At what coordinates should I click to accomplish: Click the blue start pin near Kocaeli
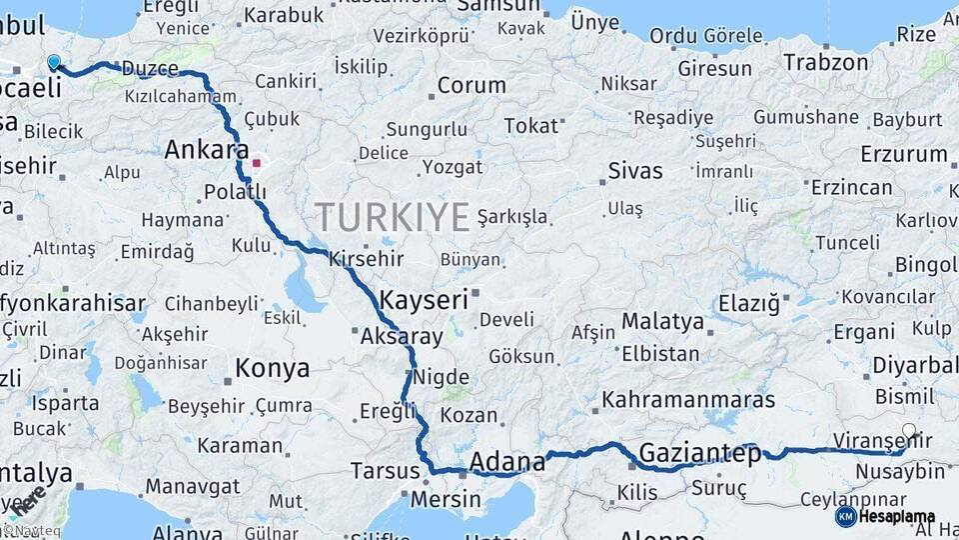click(x=54, y=62)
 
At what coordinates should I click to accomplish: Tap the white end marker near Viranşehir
click(x=908, y=432)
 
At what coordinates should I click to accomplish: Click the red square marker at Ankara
click(x=257, y=162)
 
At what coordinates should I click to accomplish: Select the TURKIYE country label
click(x=393, y=216)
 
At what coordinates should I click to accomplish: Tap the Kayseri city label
click(x=424, y=299)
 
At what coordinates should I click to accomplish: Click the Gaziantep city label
click(x=699, y=452)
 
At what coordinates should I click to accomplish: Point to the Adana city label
click(x=507, y=462)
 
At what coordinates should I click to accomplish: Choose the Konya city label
click(x=272, y=369)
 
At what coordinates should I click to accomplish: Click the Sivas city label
click(x=635, y=170)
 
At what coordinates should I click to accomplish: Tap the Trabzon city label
click(x=825, y=62)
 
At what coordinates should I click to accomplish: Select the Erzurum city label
click(x=903, y=154)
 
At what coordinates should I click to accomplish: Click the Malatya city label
click(x=662, y=322)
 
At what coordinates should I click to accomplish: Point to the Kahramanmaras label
click(x=688, y=400)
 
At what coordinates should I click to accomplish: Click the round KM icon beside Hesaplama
click(x=845, y=517)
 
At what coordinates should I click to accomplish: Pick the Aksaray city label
click(x=402, y=337)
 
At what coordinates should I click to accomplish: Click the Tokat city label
click(x=530, y=126)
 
